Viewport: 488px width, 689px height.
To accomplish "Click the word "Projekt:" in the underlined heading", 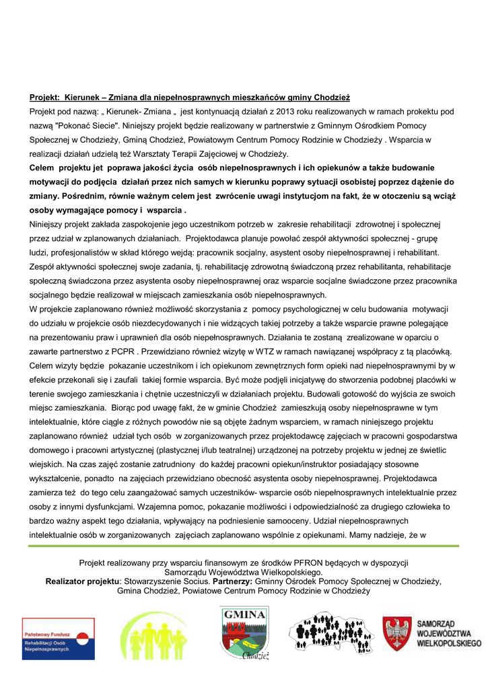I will (45, 98).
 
